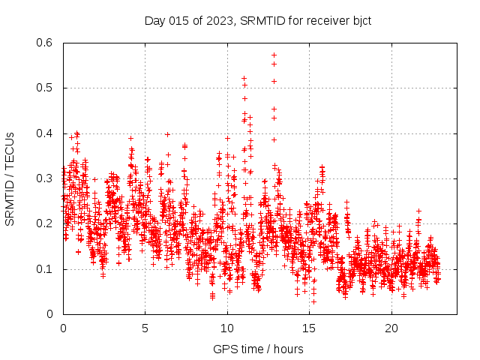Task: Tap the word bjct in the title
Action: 359,20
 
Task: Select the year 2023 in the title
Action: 221,20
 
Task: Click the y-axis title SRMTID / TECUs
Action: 10,178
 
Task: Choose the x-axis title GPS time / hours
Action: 258,349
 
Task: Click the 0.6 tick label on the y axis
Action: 45,43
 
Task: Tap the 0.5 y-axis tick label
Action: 45,88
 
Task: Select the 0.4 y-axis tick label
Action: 45,133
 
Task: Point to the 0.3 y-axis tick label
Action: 45,178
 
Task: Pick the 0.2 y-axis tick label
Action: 45,223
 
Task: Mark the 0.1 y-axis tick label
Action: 45,268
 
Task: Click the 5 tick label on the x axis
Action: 145,328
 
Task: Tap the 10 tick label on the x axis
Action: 227,328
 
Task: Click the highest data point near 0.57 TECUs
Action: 274,55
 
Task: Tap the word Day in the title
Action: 154,20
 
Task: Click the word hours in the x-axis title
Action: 288,349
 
